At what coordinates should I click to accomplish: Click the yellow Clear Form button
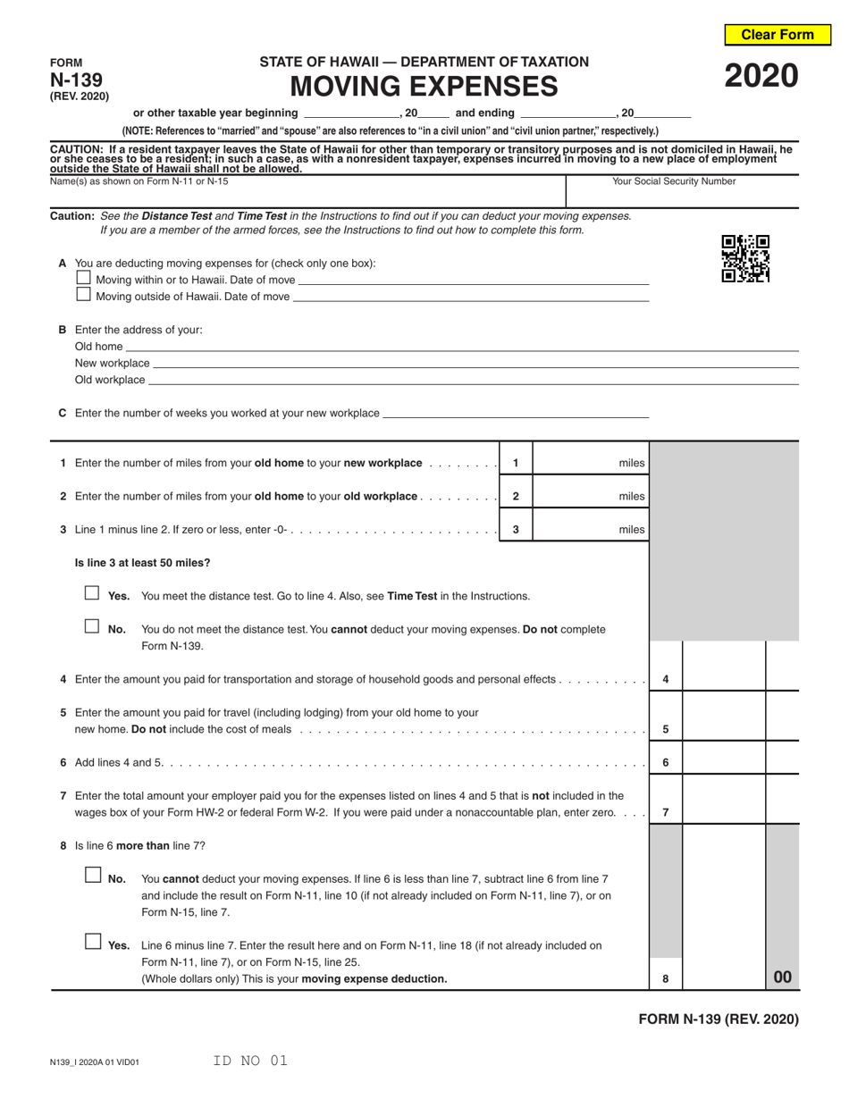point(777,35)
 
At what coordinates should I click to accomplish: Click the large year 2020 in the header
point(761,77)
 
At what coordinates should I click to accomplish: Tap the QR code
point(745,258)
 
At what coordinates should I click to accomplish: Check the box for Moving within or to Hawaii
point(84,278)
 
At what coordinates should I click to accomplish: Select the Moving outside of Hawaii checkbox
point(84,294)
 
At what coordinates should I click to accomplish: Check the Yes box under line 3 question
point(92,593)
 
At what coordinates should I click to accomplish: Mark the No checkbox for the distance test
point(92,626)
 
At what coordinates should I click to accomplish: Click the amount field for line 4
point(724,678)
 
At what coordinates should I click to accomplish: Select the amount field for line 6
point(724,762)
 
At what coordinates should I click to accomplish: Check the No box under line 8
point(93,876)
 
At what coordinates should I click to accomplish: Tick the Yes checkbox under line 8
point(93,942)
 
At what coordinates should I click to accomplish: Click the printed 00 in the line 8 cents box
point(782,977)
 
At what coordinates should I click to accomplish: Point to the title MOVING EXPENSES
point(424,87)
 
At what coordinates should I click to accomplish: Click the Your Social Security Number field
point(683,195)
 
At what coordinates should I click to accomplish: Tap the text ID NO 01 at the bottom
point(250,1061)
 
